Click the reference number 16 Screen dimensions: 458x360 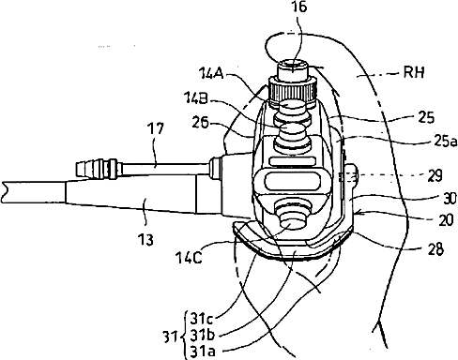(x=299, y=7)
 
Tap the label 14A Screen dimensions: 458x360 (x=212, y=74)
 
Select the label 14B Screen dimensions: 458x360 (x=196, y=99)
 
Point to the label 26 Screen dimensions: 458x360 (x=200, y=123)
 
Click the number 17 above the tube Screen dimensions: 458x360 (x=156, y=128)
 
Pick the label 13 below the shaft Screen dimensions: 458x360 (x=145, y=240)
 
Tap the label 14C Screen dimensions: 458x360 (x=189, y=258)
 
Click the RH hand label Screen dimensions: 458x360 (x=414, y=72)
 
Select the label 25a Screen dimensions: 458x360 (x=444, y=142)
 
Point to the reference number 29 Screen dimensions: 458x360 (x=435, y=175)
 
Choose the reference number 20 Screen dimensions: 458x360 (x=446, y=220)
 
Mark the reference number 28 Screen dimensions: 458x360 (x=435, y=249)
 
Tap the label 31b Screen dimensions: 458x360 (x=203, y=336)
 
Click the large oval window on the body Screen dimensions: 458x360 (x=293, y=182)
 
